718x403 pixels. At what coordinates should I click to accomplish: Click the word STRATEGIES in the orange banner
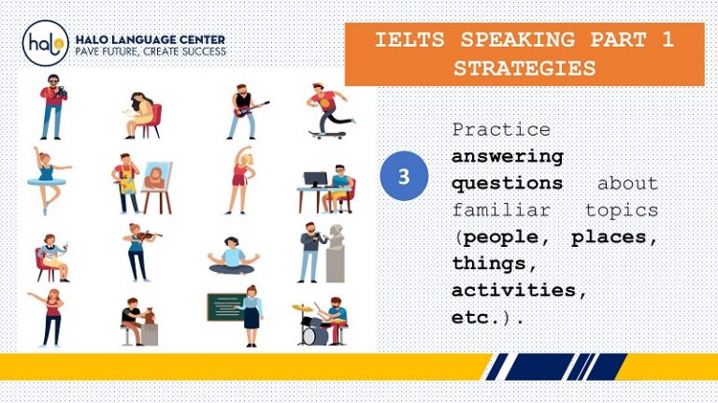pos(524,67)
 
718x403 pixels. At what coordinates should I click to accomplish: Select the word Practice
pos(501,129)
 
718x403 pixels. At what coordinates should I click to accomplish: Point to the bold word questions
pos(508,183)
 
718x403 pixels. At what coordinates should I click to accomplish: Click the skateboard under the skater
pos(327,134)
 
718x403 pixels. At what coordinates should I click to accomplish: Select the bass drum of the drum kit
pos(318,331)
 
